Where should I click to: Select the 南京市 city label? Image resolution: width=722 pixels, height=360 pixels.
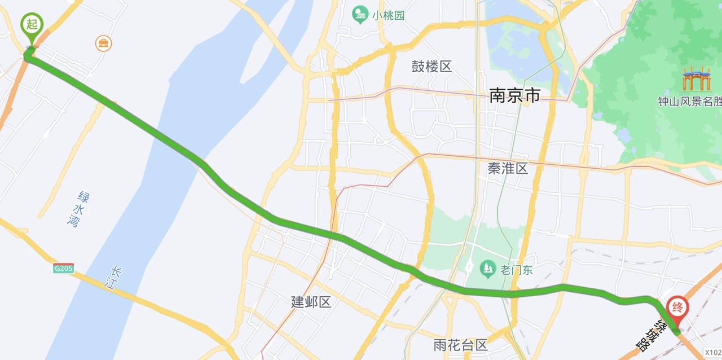pos(514,95)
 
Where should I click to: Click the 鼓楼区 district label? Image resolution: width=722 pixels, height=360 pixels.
pos(432,67)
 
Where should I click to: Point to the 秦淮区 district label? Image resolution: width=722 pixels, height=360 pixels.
pos(508,168)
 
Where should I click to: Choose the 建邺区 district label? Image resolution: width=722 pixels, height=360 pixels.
pos(311,302)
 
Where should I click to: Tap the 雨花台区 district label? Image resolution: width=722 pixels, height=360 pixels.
pos(460,345)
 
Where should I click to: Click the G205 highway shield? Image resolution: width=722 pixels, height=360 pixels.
pos(64,269)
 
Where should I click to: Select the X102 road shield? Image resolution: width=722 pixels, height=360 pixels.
pos(712,353)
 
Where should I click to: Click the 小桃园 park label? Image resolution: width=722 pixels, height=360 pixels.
pos(388,15)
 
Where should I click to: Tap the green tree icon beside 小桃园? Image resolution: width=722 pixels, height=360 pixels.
pos(359,15)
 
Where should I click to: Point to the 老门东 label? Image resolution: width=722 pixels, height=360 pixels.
pos(516,270)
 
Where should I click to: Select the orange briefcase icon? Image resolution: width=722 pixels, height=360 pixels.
pos(103,43)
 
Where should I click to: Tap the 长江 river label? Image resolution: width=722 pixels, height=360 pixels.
pos(116,278)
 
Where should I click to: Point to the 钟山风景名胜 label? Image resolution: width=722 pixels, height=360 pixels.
pos(689,102)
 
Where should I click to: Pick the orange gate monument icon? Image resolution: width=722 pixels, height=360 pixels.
pos(697,78)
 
